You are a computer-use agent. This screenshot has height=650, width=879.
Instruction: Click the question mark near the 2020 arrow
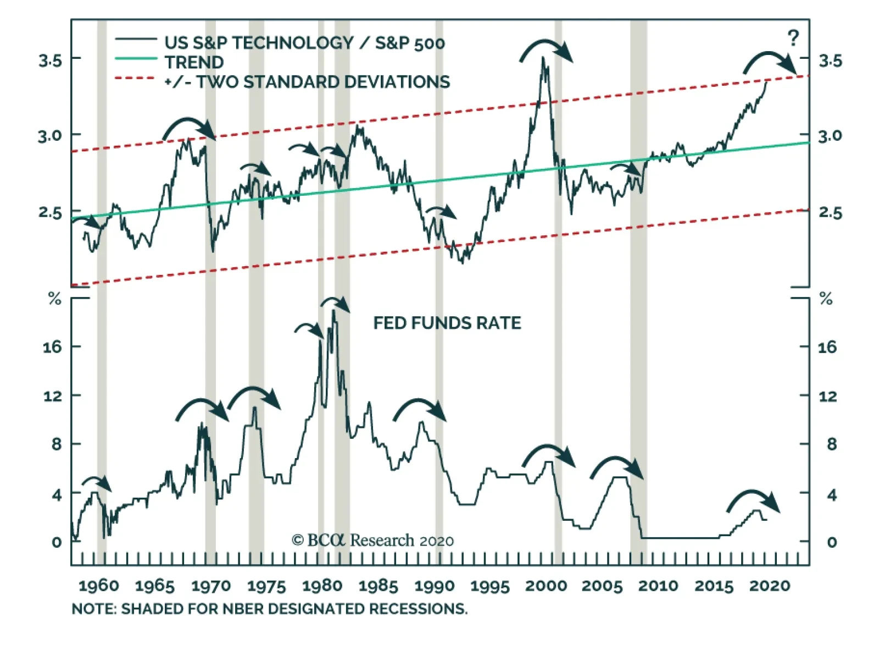tap(793, 38)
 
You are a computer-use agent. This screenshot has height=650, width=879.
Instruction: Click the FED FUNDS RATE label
tap(447, 323)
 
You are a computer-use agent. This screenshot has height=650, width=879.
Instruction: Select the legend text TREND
tap(194, 62)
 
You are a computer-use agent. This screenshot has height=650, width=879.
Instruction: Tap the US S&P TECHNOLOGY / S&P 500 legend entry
tap(304, 43)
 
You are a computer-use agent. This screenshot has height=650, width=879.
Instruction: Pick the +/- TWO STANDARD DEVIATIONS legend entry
tap(307, 82)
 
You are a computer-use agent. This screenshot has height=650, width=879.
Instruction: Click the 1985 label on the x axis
tap(378, 586)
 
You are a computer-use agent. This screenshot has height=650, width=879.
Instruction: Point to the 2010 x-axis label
tap(658, 586)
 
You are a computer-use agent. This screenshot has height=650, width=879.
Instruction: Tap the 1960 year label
tap(99, 586)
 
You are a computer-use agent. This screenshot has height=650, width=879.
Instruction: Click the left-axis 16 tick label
tap(53, 347)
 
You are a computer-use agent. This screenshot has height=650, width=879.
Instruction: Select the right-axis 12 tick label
tap(828, 396)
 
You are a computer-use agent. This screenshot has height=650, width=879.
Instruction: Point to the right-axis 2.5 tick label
tap(830, 213)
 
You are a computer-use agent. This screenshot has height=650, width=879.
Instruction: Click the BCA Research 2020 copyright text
tap(372, 541)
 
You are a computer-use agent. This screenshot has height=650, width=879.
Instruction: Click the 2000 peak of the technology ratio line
tap(543, 58)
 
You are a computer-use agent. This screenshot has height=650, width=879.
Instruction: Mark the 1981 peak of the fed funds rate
tap(334, 311)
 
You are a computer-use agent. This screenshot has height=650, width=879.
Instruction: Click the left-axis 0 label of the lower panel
tap(56, 543)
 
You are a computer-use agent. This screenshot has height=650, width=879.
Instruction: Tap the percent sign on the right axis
tap(826, 300)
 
